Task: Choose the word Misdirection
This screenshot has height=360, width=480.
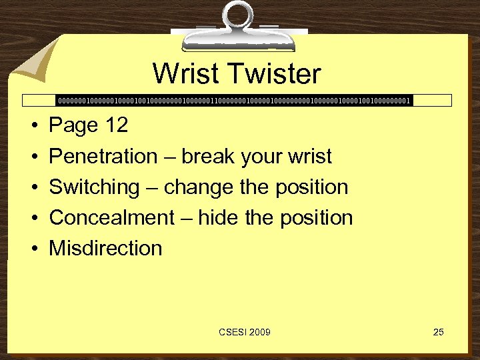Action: [105, 248]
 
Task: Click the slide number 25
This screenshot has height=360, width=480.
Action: [438, 332]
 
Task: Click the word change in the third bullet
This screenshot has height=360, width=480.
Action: [199, 187]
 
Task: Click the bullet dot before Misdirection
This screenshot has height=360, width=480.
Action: [33, 249]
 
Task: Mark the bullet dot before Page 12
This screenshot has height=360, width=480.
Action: [33, 126]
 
